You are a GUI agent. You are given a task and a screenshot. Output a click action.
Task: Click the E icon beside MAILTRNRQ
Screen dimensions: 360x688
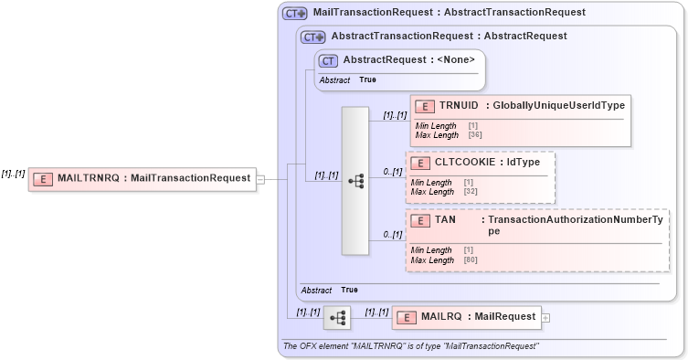(42, 178)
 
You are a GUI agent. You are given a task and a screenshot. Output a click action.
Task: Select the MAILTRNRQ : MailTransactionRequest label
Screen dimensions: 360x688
(153, 178)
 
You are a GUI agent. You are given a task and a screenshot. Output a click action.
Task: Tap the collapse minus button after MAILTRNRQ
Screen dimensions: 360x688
(260, 179)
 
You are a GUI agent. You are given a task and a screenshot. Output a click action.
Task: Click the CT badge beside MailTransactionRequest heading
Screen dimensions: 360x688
(294, 14)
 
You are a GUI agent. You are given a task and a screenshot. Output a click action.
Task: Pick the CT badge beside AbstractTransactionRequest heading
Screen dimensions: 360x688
(313, 37)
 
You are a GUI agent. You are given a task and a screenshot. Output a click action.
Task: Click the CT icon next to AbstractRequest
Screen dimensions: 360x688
(328, 60)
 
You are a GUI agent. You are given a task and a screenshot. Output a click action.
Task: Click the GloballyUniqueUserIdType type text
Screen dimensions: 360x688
(558, 106)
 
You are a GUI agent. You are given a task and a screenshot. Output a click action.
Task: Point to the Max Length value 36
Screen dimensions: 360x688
(475, 135)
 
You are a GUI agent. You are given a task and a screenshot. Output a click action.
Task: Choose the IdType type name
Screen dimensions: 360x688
(524, 163)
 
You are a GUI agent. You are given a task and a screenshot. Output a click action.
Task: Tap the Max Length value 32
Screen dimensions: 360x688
(471, 192)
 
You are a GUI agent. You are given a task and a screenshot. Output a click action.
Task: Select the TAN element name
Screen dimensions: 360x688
(446, 220)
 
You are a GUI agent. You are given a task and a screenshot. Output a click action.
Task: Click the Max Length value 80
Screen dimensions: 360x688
(471, 260)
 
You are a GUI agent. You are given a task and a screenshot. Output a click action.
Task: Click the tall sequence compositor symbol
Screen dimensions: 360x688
(355, 182)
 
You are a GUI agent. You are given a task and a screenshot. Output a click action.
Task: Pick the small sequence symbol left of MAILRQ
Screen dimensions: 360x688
(337, 317)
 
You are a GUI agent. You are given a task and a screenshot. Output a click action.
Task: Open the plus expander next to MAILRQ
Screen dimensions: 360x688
(545, 318)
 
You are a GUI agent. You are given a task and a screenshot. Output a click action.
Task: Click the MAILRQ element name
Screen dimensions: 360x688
(441, 317)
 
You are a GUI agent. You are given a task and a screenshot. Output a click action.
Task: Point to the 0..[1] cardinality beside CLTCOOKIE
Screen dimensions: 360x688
(393, 172)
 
